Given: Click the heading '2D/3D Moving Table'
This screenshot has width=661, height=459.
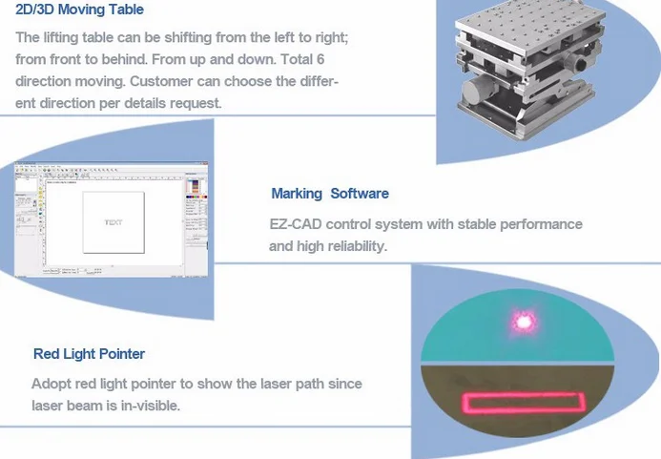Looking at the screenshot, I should [x=80, y=10].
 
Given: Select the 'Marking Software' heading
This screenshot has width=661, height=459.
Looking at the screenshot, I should [x=330, y=193].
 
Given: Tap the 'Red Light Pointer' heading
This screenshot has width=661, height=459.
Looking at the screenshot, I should [x=89, y=353].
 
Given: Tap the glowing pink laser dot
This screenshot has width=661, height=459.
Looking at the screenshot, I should [x=523, y=322].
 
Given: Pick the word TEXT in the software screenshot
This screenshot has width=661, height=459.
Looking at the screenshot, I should [x=113, y=222].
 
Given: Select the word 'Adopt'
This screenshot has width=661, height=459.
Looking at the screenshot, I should [x=51, y=385].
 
